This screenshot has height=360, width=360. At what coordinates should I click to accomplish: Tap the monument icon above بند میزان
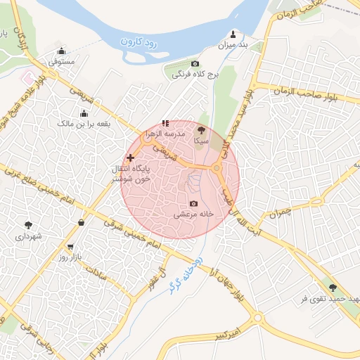(233, 33)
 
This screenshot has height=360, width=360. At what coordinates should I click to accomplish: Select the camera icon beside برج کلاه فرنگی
(195, 64)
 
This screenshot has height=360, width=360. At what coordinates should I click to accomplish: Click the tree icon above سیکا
(201, 129)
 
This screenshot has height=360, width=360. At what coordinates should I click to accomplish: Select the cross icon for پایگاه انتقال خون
(130, 157)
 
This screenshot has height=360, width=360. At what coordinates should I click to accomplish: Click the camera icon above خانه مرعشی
(193, 203)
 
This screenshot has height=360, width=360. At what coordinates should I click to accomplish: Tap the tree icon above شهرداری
(28, 225)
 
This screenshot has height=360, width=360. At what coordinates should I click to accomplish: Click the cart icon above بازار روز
(70, 247)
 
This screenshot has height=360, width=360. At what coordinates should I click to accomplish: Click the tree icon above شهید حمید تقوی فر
(333, 288)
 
